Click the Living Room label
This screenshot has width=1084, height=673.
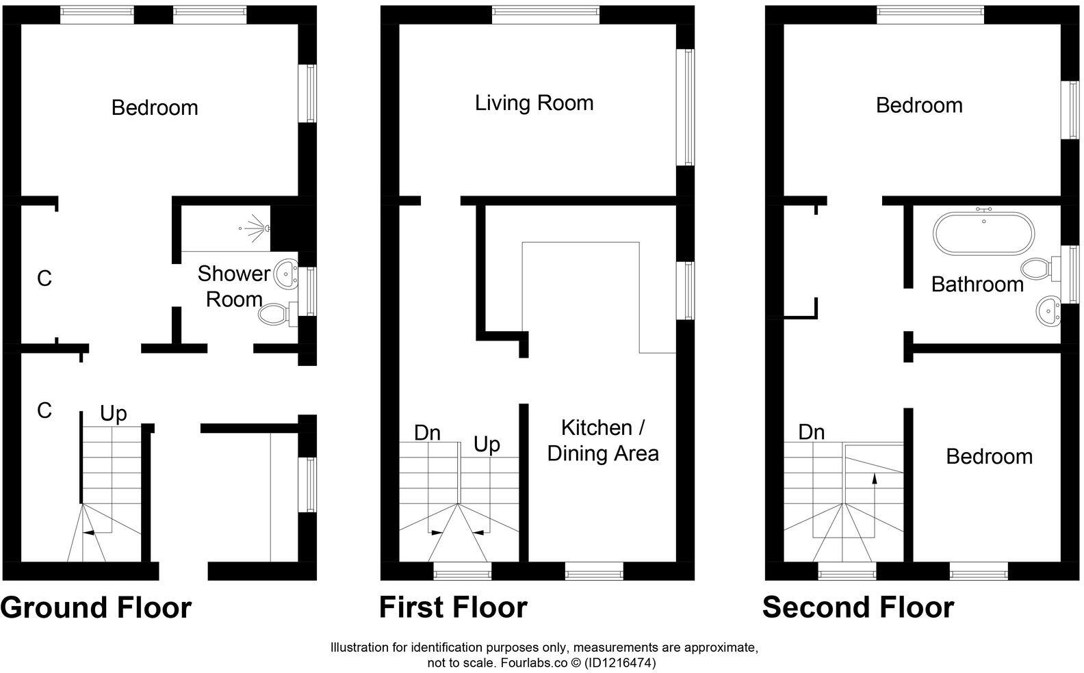pos(534,103)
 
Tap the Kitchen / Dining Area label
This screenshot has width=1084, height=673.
pos(602,440)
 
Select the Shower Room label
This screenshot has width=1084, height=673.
pos(233,287)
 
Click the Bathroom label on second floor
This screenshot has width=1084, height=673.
pos(977,284)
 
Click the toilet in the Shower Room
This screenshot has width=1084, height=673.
pos(274,314)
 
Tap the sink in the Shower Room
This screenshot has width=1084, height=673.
pos(285,274)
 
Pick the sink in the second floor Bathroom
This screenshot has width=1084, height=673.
pos(1048,311)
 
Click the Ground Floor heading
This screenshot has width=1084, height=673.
pos(96,607)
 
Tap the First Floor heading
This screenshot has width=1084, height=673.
pos(453,607)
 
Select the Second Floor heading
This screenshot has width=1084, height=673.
pos(857,607)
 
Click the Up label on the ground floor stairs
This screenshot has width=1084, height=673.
pos(114,414)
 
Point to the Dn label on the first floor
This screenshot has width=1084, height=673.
pos(427,433)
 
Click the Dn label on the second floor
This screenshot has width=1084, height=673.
pos(811,432)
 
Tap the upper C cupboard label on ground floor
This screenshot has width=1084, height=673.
pos(44,279)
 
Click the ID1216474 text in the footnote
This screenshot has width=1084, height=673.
pos(623,663)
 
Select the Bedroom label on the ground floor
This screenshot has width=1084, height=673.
pos(155,108)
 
